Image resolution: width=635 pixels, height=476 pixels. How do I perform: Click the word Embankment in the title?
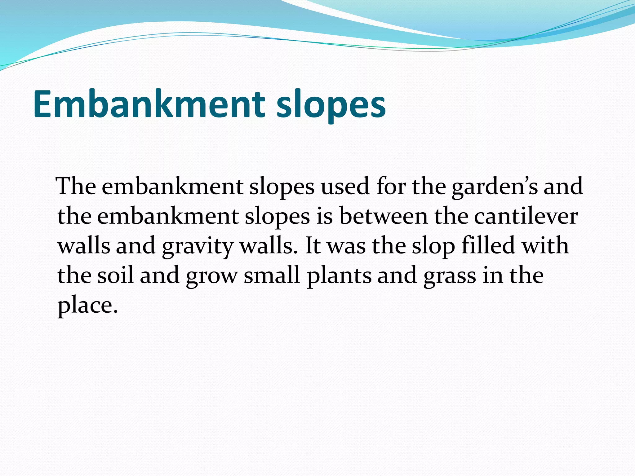point(149,104)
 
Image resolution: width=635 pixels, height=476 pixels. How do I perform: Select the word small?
point(272,275)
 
